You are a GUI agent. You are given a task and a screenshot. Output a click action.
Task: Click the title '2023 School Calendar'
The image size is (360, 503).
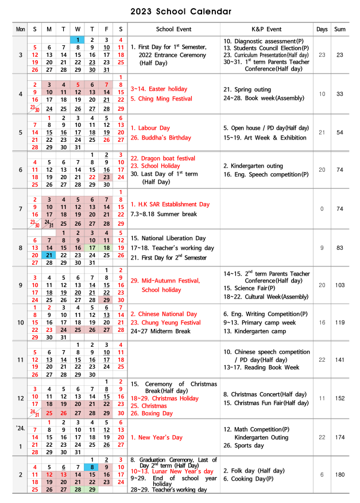180,11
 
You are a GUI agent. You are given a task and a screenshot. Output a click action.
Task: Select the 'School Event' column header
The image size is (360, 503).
173,29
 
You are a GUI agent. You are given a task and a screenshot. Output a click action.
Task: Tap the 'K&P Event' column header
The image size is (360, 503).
266,29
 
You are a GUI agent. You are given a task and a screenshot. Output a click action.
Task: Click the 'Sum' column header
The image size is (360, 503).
340,29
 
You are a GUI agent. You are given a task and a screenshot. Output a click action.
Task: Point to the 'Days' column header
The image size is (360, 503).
322,29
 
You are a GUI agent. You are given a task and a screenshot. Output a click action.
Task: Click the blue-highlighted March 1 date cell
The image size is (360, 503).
78,40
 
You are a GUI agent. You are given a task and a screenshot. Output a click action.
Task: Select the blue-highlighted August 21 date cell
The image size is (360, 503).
49,255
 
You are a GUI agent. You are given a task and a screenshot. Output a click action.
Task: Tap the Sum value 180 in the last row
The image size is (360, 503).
340,474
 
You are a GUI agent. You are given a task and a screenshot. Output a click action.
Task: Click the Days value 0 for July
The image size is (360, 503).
322,208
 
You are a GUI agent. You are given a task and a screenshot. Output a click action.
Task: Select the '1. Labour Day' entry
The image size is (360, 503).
150,128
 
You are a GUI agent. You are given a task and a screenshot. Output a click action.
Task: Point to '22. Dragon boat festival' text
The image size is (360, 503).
162,158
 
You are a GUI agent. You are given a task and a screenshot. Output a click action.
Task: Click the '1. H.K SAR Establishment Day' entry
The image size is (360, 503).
170,204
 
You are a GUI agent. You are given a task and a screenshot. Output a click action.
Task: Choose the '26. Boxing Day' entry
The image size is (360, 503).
152,413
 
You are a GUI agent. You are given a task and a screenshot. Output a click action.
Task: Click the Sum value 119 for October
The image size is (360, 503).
340,323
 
